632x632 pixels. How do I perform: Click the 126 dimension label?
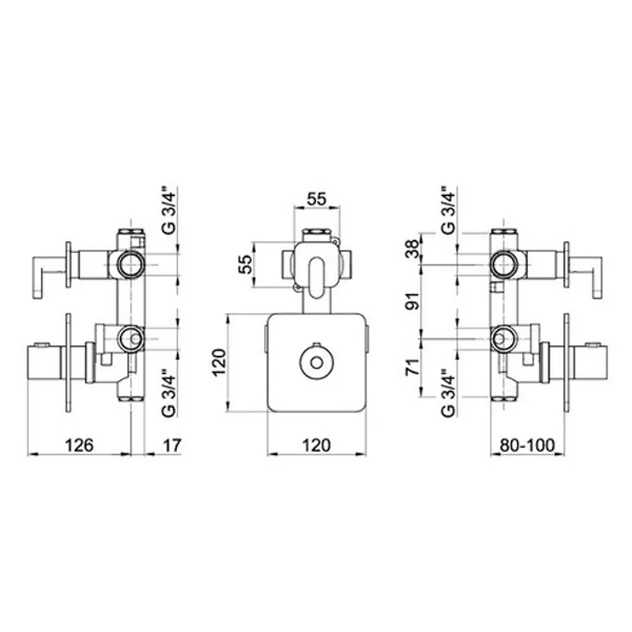(80, 446)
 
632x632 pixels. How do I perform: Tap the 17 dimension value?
(172, 446)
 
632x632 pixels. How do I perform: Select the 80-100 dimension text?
(527, 446)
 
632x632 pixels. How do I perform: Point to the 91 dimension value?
(412, 300)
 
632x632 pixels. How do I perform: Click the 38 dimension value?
(412, 249)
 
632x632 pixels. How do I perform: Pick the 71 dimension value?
(412, 366)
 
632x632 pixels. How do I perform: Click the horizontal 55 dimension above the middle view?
(317, 199)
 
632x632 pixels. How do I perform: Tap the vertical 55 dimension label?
(245, 265)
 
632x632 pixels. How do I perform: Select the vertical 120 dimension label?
(220, 363)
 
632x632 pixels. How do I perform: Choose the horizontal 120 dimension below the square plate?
(317, 446)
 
